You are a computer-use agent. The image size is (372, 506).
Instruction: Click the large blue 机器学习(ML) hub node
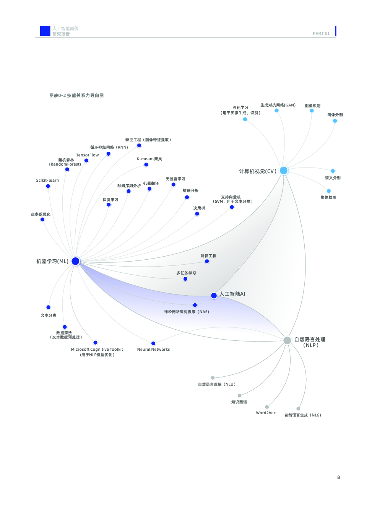75,261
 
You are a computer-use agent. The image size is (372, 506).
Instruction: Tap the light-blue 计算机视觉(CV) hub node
284,170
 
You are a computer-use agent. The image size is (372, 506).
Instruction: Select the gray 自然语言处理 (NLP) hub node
287,340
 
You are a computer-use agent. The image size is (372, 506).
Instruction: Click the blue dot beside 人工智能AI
214,296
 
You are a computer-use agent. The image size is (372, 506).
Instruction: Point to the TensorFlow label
88,155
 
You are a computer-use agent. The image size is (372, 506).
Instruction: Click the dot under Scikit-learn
48,186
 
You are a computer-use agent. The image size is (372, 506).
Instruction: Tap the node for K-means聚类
146,165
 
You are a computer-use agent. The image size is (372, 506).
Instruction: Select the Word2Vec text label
266,413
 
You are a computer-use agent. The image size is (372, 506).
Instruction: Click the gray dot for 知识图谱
239,395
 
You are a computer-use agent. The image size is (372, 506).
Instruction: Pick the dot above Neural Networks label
153,343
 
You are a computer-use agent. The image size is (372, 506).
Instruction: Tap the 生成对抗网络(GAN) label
278,105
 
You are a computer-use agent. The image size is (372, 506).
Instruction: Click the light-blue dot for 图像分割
335,121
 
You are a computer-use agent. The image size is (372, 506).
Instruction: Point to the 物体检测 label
328,197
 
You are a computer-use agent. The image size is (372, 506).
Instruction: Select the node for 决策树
197,214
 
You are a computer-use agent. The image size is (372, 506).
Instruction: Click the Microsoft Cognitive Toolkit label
97,350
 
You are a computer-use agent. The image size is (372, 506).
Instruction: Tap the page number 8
338,477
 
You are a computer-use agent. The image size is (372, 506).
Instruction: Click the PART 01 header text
321,33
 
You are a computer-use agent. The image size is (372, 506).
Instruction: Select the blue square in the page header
45,31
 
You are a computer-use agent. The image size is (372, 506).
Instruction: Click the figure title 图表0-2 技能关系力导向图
76,96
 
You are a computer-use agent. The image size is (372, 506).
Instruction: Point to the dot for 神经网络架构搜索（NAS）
195,305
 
